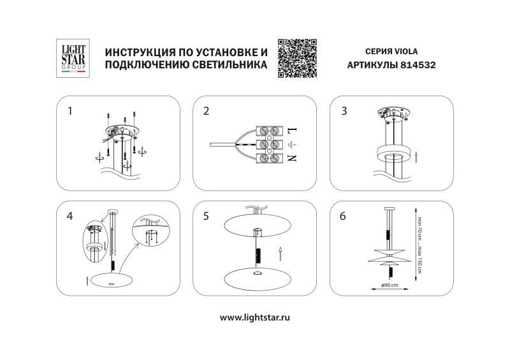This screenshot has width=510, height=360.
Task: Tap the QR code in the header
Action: pyautogui.click(x=298, y=57)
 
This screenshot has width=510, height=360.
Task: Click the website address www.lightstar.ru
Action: pyautogui.click(x=255, y=317)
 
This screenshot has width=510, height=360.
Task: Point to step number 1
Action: pyautogui.click(x=70, y=111)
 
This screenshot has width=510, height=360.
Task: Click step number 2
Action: pyautogui.click(x=206, y=111)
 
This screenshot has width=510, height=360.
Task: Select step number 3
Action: pyautogui.click(x=344, y=111)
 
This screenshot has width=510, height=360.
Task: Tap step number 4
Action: pyautogui.click(x=70, y=216)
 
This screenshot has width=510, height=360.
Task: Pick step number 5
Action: pyautogui.click(x=206, y=216)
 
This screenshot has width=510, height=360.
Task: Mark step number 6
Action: pyautogui.click(x=344, y=216)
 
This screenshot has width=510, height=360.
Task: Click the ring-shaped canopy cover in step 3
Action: pyautogui.click(x=389, y=152)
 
